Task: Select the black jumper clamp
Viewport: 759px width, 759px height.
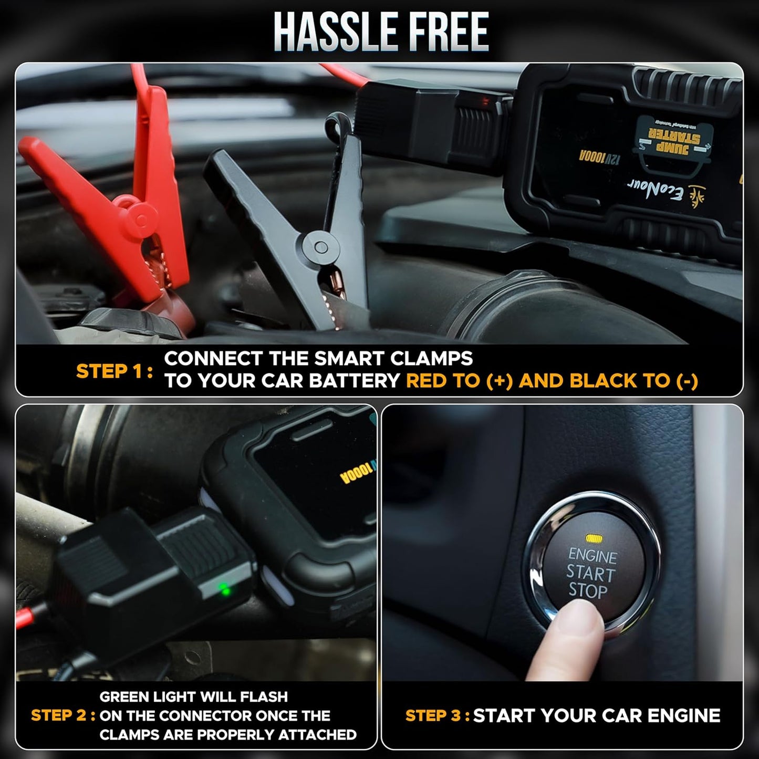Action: pos(294,221)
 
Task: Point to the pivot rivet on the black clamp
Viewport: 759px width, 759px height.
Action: pos(320,246)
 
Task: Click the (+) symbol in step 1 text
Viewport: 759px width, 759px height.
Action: pos(499,381)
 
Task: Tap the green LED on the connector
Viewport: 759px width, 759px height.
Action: pos(225,589)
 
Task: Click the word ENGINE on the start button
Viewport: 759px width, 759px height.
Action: pos(592,555)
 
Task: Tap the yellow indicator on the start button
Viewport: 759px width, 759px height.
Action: pos(594,538)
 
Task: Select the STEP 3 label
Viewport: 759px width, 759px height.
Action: pos(437,715)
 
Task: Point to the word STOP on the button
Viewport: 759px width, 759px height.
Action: pos(588,591)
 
